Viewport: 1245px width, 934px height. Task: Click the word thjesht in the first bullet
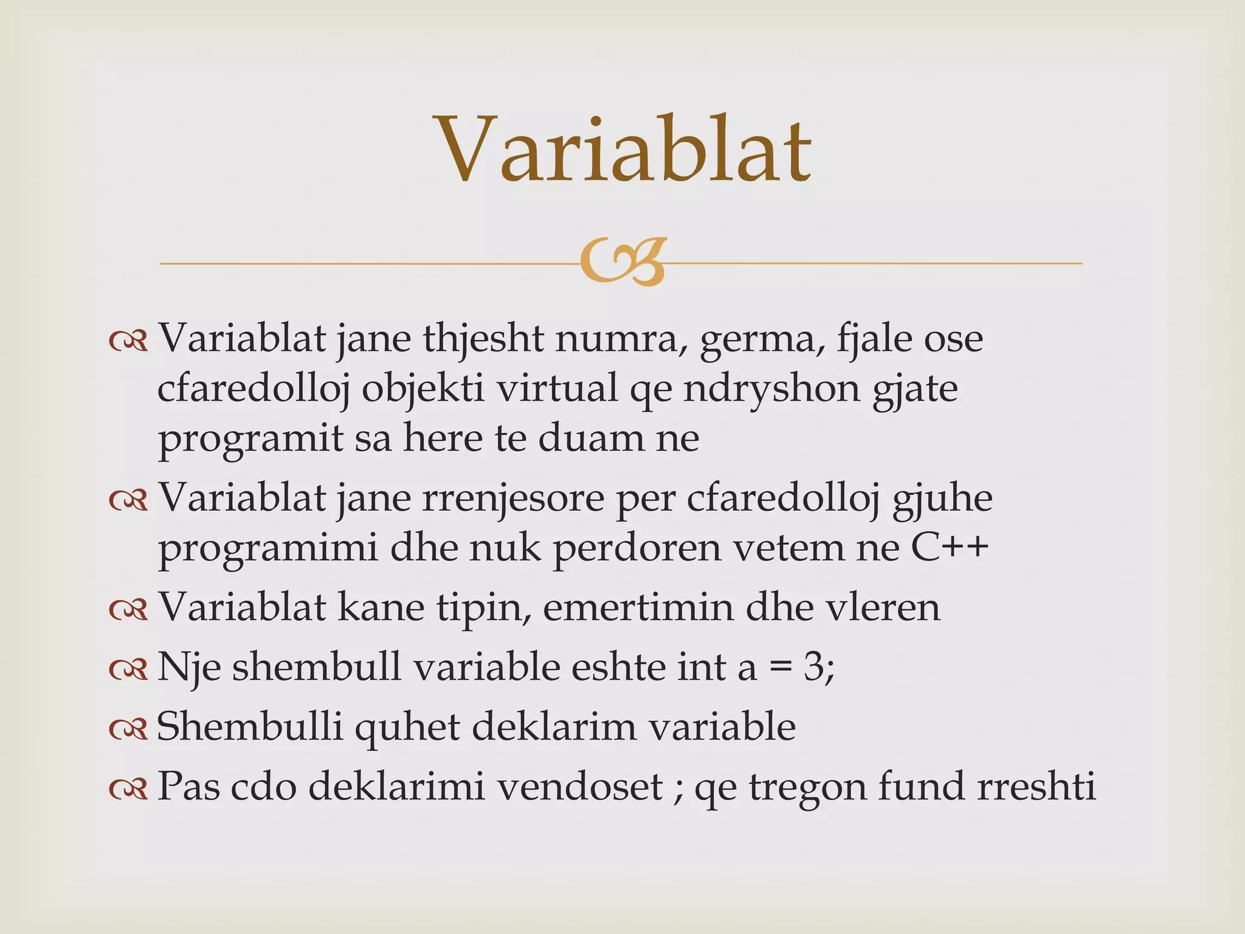click(x=483, y=339)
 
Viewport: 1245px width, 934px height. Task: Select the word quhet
click(x=407, y=727)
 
